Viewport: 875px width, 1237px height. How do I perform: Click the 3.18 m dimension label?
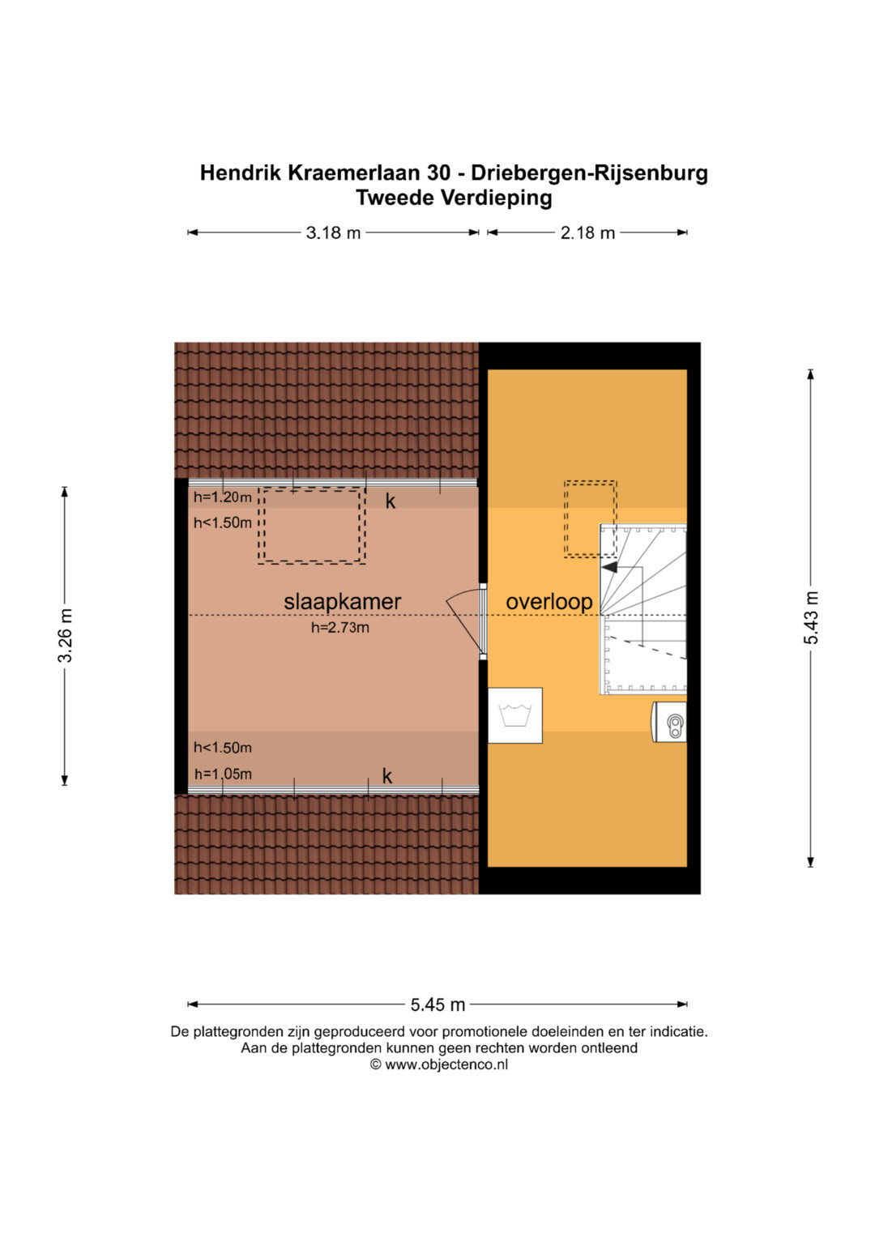[x=333, y=233]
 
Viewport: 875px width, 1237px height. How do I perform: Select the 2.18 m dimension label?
[x=587, y=233]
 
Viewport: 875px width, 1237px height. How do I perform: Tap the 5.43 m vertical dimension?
[x=811, y=617]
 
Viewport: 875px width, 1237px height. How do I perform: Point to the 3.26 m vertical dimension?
[x=65, y=635]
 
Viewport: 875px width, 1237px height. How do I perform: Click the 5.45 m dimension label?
[x=437, y=1005]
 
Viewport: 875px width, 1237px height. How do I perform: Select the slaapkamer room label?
[x=343, y=602]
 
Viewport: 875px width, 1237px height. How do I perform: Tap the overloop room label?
[x=549, y=602]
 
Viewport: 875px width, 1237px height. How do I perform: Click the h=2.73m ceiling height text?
[x=339, y=627]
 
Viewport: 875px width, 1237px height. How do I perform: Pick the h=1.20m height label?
[x=223, y=497]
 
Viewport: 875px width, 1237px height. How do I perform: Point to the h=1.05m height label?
[x=223, y=774]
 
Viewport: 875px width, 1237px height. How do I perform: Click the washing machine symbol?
[x=514, y=715]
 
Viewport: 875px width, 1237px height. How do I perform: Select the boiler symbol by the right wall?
[x=669, y=722]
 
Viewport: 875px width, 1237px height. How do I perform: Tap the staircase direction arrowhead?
[x=609, y=567]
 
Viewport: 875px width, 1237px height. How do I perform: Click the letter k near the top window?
[x=391, y=501]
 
